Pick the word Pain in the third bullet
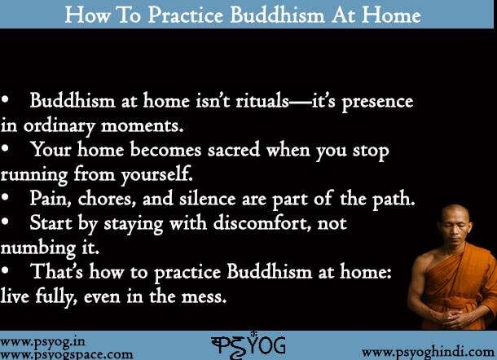(x=49, y=198)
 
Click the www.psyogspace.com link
(x=67, y=353)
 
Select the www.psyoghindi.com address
(x=425, y=351)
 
